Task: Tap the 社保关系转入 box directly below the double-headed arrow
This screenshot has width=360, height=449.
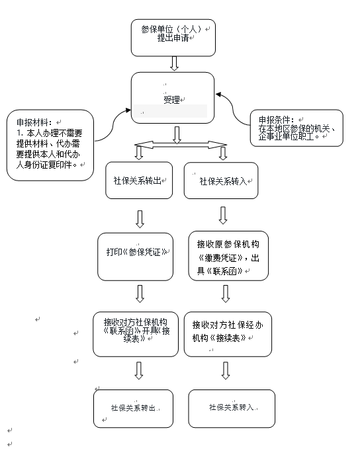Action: pos(220,180)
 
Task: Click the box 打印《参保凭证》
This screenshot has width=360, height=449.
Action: pos(135,255)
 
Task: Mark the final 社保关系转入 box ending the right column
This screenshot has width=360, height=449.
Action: pos(231,408)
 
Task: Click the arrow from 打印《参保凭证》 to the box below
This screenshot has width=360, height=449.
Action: pos(140,293)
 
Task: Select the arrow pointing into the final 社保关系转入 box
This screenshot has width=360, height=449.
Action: pos(226,371)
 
